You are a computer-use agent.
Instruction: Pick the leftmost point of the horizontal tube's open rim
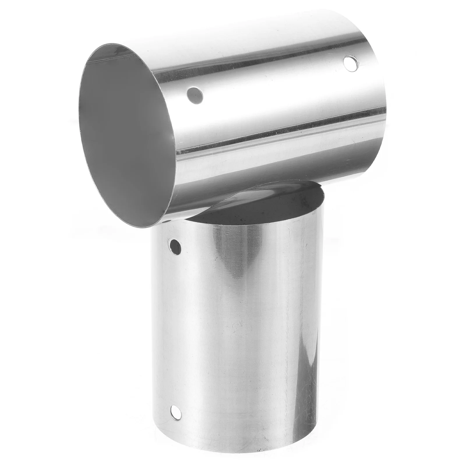point(78,116)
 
